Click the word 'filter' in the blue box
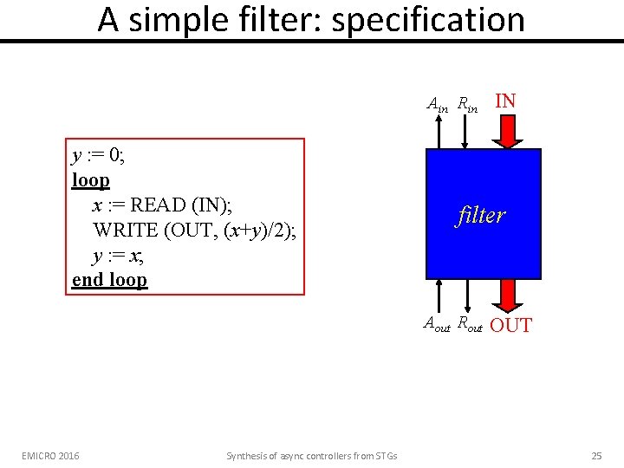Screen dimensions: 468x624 [481, 215]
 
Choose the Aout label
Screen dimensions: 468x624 [437, 325]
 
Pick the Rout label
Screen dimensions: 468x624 [469, 325]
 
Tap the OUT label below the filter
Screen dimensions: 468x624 [511, 326]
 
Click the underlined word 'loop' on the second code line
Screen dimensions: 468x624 [91, 181]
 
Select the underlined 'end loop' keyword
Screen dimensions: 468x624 [110, 280]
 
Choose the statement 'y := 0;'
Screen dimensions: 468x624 [100, 156]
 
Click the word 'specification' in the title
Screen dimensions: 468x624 [428, 19]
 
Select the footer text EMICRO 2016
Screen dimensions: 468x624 [51, 456]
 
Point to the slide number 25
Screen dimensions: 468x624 [596, 456]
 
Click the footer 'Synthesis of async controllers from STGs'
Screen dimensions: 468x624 [311, 456]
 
